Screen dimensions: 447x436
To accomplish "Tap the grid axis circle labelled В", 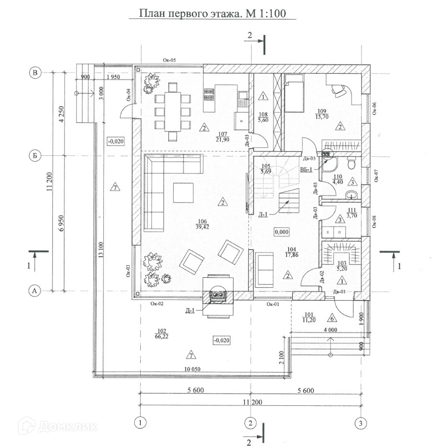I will [x=34, y=73].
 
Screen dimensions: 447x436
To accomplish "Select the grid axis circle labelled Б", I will [x=34, y=155].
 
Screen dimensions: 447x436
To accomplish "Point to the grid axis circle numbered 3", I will [x=360, y=423].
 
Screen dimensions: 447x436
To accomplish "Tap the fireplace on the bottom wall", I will [x=219, y=295].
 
